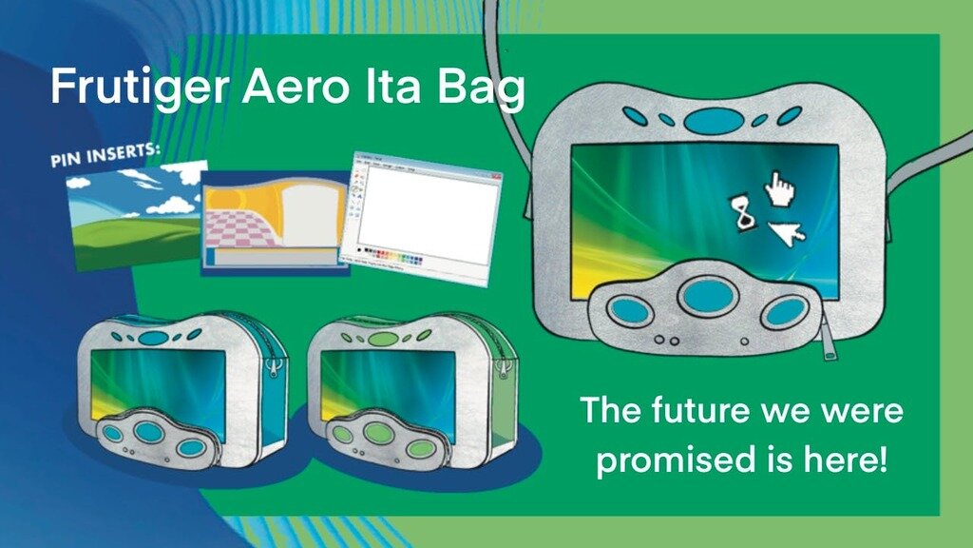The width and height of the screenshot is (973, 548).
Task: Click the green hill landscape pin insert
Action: pos(136,215)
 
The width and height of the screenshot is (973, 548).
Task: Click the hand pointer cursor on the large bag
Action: pos(780,187)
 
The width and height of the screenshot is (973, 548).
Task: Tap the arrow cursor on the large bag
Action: pos(787,231)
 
